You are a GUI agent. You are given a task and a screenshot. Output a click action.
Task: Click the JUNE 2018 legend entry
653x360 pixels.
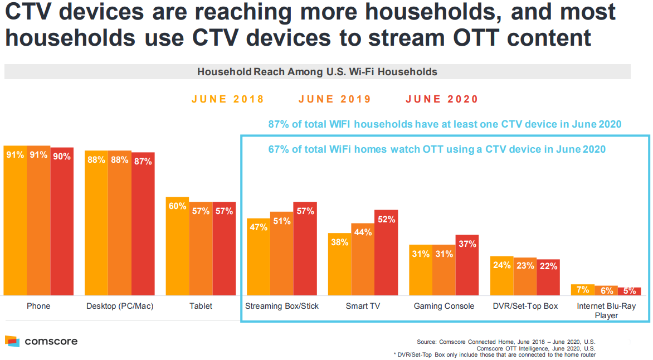pos(228,99)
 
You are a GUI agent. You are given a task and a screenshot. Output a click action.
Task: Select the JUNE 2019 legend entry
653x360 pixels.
pos(334,99)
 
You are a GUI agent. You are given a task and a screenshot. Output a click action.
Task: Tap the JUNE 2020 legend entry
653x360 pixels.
pos(442,99)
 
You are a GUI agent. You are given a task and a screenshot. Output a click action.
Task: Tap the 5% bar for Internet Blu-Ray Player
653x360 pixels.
pos(630,291)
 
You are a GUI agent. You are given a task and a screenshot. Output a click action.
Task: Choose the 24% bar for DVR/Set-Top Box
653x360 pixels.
pos(501,276)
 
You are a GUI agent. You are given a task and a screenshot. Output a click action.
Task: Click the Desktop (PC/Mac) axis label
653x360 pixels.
pos(120,306)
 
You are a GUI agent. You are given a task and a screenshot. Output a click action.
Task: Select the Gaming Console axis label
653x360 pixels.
pos(444,306)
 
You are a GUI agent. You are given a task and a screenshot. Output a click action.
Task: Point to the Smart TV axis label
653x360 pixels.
pos(363,306)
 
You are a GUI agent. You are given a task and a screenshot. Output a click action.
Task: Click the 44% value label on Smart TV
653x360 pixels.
pos(363,232)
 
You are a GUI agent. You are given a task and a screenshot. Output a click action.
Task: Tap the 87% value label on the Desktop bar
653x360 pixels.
pos(143,162)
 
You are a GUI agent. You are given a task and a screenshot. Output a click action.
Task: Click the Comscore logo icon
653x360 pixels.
pos(12,341)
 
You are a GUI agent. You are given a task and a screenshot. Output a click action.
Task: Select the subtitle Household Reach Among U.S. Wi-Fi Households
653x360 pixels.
pos(317,72)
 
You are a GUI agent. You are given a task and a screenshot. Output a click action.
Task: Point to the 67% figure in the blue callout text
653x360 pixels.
pos(277,149)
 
